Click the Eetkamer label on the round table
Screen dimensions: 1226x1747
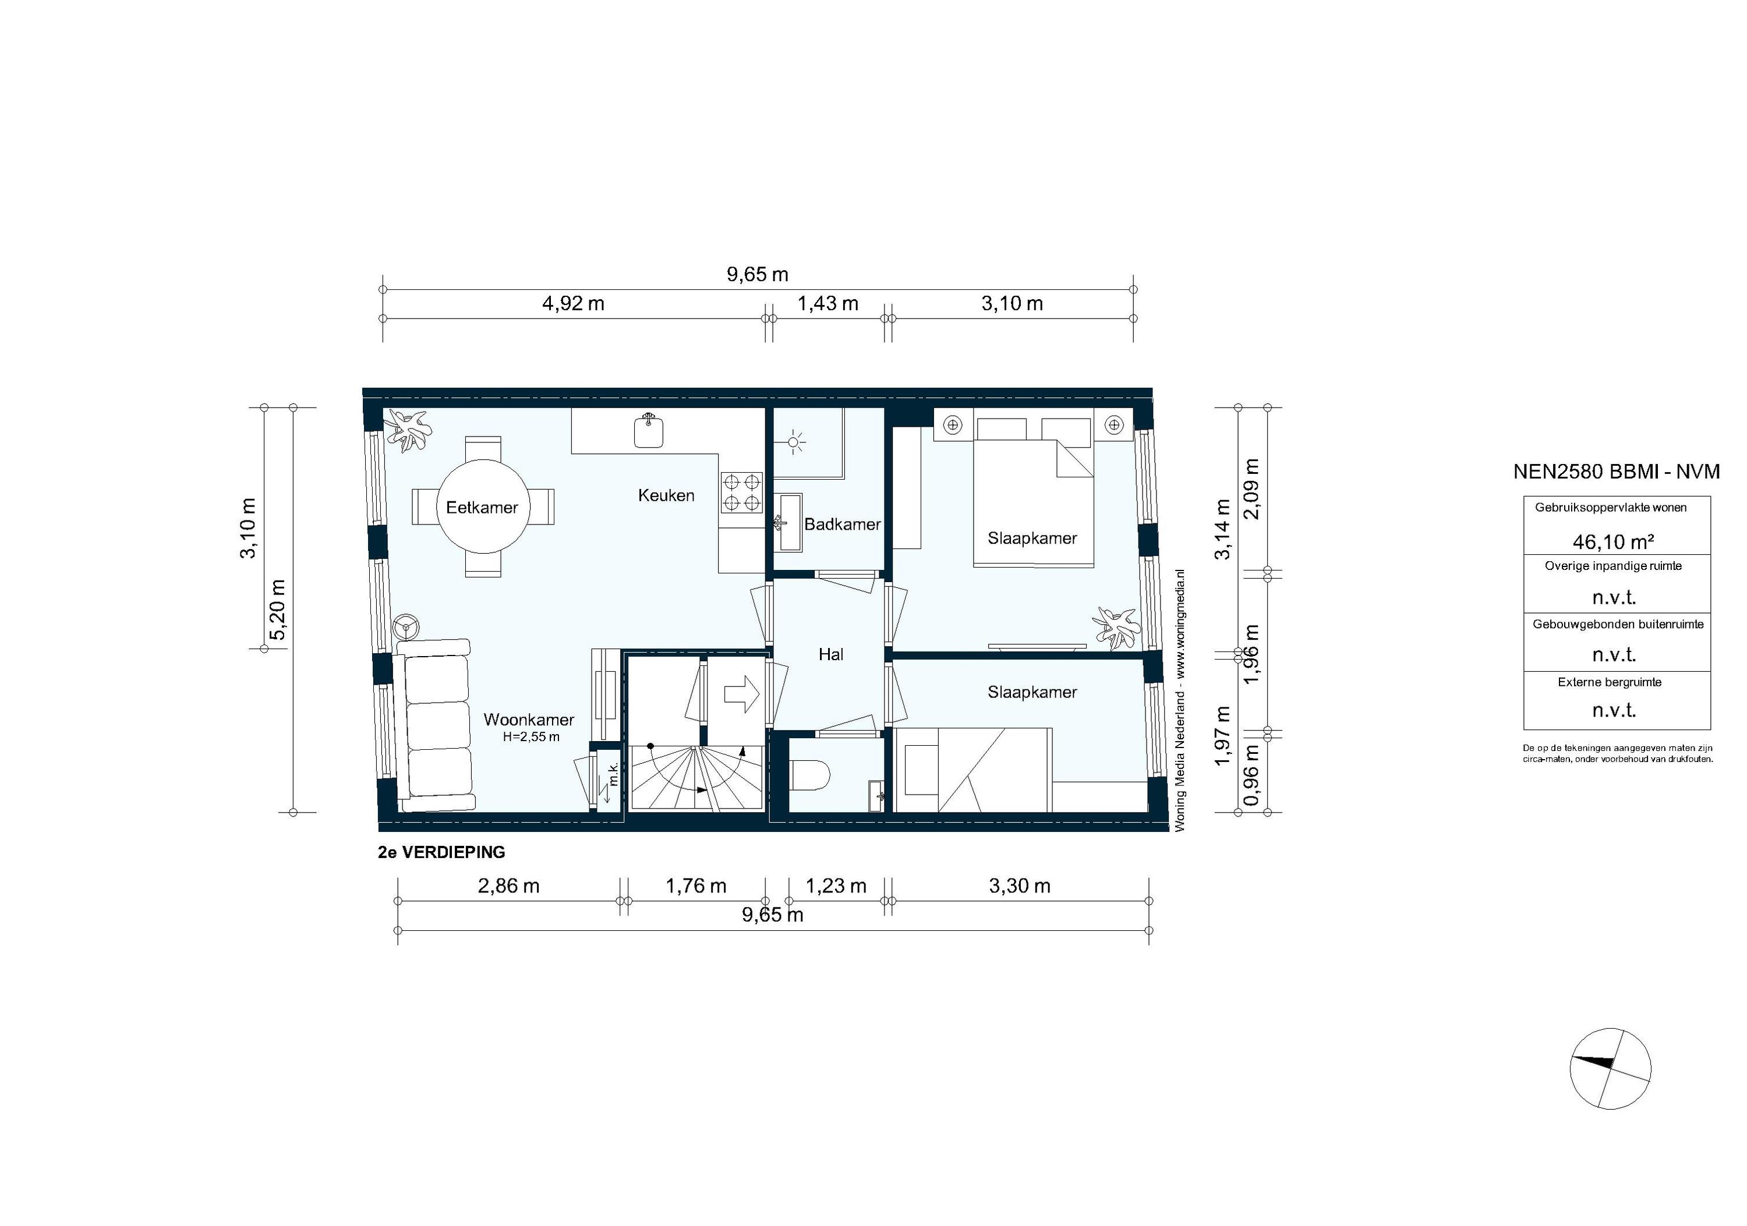482,507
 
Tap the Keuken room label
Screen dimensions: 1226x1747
666,495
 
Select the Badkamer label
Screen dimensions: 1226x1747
841,524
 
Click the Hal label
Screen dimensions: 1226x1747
830,654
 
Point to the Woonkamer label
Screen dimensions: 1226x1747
529,720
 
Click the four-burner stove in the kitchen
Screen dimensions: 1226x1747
742,491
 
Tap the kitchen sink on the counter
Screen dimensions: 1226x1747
648,431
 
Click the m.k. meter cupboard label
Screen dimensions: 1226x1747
613,774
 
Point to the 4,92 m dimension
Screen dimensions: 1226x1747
573,303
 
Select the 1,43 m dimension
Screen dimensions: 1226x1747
828,303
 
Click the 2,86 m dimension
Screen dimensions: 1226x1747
508,886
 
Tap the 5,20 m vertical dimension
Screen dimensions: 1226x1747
278,610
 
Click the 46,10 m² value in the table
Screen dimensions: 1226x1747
1614,541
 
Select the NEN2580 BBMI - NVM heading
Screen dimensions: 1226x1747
1616,472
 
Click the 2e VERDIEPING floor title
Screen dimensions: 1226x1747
441,853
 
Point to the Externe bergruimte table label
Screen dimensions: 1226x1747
1610,682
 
